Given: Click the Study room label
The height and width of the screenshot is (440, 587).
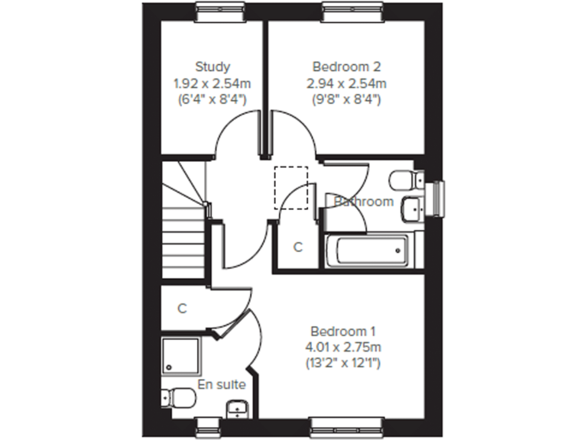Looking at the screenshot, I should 212,66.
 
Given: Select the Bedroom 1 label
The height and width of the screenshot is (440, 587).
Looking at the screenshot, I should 343,332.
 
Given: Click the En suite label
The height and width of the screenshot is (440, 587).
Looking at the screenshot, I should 222,384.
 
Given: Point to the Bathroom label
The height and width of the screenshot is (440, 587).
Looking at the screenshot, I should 364,202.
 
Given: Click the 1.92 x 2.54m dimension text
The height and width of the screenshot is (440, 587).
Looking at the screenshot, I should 212,82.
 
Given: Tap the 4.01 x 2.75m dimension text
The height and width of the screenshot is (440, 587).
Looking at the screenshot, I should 343,347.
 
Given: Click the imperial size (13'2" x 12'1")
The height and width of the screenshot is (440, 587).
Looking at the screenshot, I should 343,363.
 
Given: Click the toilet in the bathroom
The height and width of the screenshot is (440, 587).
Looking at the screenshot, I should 404,180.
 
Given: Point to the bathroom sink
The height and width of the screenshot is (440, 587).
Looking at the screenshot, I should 411,206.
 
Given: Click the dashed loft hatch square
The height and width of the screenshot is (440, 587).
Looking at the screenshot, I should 291,186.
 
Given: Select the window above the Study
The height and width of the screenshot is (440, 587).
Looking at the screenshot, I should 221,8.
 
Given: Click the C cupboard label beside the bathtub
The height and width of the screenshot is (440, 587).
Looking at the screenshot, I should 298,247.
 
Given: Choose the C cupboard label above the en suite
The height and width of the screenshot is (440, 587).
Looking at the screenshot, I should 182,309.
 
